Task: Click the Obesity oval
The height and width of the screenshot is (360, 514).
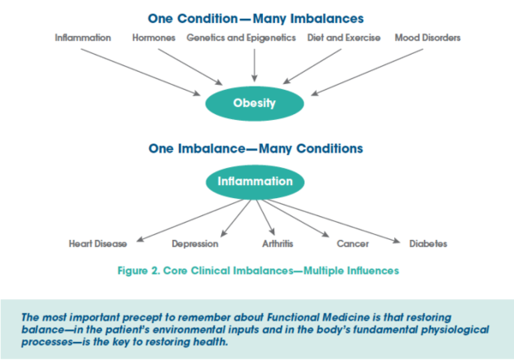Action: [254, 103]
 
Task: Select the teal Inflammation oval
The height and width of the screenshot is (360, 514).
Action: [255, 182]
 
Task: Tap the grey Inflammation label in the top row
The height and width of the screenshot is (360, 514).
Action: [83, 38]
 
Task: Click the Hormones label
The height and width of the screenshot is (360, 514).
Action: [153, 38]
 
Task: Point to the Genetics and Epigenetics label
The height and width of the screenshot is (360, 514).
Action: [242, 38]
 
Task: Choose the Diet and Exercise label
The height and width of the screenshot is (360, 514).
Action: [344, 38]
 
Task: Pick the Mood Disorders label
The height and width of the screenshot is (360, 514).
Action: [427, 38]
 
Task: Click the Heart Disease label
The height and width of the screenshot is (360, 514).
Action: [98, 243]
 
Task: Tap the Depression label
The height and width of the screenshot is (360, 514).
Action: [195, 244]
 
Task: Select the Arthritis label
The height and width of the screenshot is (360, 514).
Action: [278, 243]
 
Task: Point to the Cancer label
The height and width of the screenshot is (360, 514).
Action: [353, 243]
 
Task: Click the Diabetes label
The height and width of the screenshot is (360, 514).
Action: [428, 243]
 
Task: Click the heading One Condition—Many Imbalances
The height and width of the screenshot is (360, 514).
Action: [255, 19]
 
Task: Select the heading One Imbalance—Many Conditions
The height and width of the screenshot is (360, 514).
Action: [255, 148]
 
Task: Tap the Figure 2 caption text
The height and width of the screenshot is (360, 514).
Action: [259, 271]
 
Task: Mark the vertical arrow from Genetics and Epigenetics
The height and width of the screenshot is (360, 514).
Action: [254, 65]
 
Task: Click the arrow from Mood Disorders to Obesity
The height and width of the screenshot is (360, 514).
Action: [368, 73]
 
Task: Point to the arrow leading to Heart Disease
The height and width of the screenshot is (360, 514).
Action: [189, 220]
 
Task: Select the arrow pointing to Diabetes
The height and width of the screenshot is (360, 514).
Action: [334, 221]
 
